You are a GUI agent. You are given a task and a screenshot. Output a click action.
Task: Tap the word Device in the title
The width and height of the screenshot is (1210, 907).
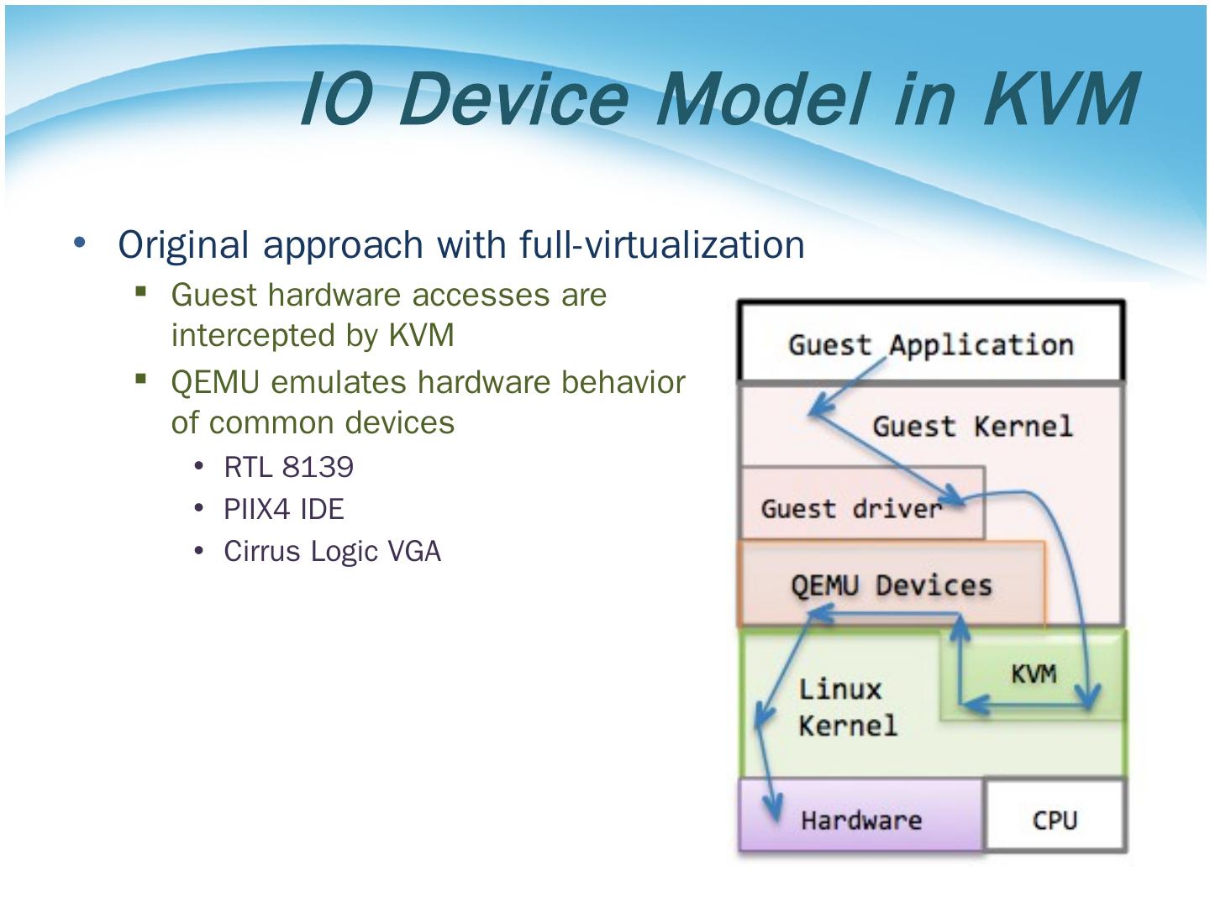pyautogui.click(x=512, y=98)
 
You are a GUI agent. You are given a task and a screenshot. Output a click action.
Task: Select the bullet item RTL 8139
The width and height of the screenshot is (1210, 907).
pyautogui.click(x=288, y=467)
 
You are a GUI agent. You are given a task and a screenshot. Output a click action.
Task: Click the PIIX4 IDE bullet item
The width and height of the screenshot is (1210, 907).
pyautogui.click(x=283, y=509)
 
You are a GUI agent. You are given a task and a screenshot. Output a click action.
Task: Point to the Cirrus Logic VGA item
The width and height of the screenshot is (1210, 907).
pyautogui.click(x=332, y=551)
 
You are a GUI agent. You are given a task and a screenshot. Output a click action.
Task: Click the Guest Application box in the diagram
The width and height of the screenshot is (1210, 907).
pyautogui.click(x=930, y=344)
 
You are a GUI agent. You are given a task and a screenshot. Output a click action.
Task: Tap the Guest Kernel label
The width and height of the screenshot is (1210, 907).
pyautogui.click(x=972, y=426)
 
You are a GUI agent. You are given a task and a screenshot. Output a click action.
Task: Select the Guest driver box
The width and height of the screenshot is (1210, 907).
pyautogui.click(x=850, y=508)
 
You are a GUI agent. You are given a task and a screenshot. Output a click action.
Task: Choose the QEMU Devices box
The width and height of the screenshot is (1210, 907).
pyautogui.click(x=891, y=585)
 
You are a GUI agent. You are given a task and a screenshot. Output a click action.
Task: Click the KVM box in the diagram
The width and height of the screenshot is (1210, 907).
pyautogui.click(x=1033, y=674)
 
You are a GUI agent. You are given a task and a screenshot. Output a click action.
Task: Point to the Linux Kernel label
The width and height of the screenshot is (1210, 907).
pyautogui.click(x=847, y=707)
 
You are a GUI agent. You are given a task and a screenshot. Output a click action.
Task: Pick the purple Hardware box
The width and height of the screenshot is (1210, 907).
pyautogui.click(x=860, y=819)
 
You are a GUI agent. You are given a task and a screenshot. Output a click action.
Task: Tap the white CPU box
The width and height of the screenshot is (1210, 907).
pyautogui.click(x=1055, y=819)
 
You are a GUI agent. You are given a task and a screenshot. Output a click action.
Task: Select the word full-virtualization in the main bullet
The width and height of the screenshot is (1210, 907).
pyautogui.click(x=661, y=244)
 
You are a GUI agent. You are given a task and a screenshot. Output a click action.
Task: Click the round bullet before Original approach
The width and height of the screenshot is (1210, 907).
pyautogui.click(x=80, y=243)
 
